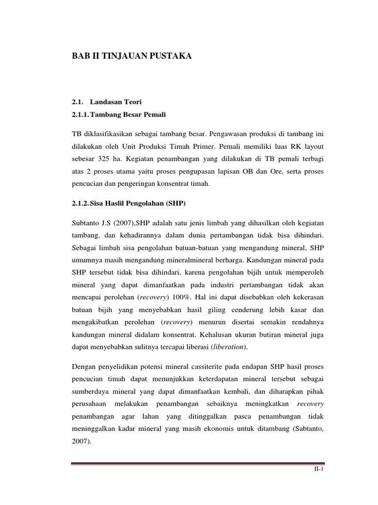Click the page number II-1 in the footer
tap(318, 471)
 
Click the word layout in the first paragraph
tap(313, 147)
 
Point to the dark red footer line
tap(197, 463)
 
